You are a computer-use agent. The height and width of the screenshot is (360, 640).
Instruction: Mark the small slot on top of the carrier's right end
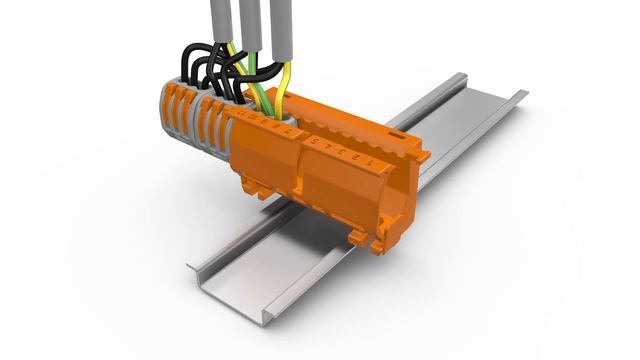(x=397, y=132)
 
